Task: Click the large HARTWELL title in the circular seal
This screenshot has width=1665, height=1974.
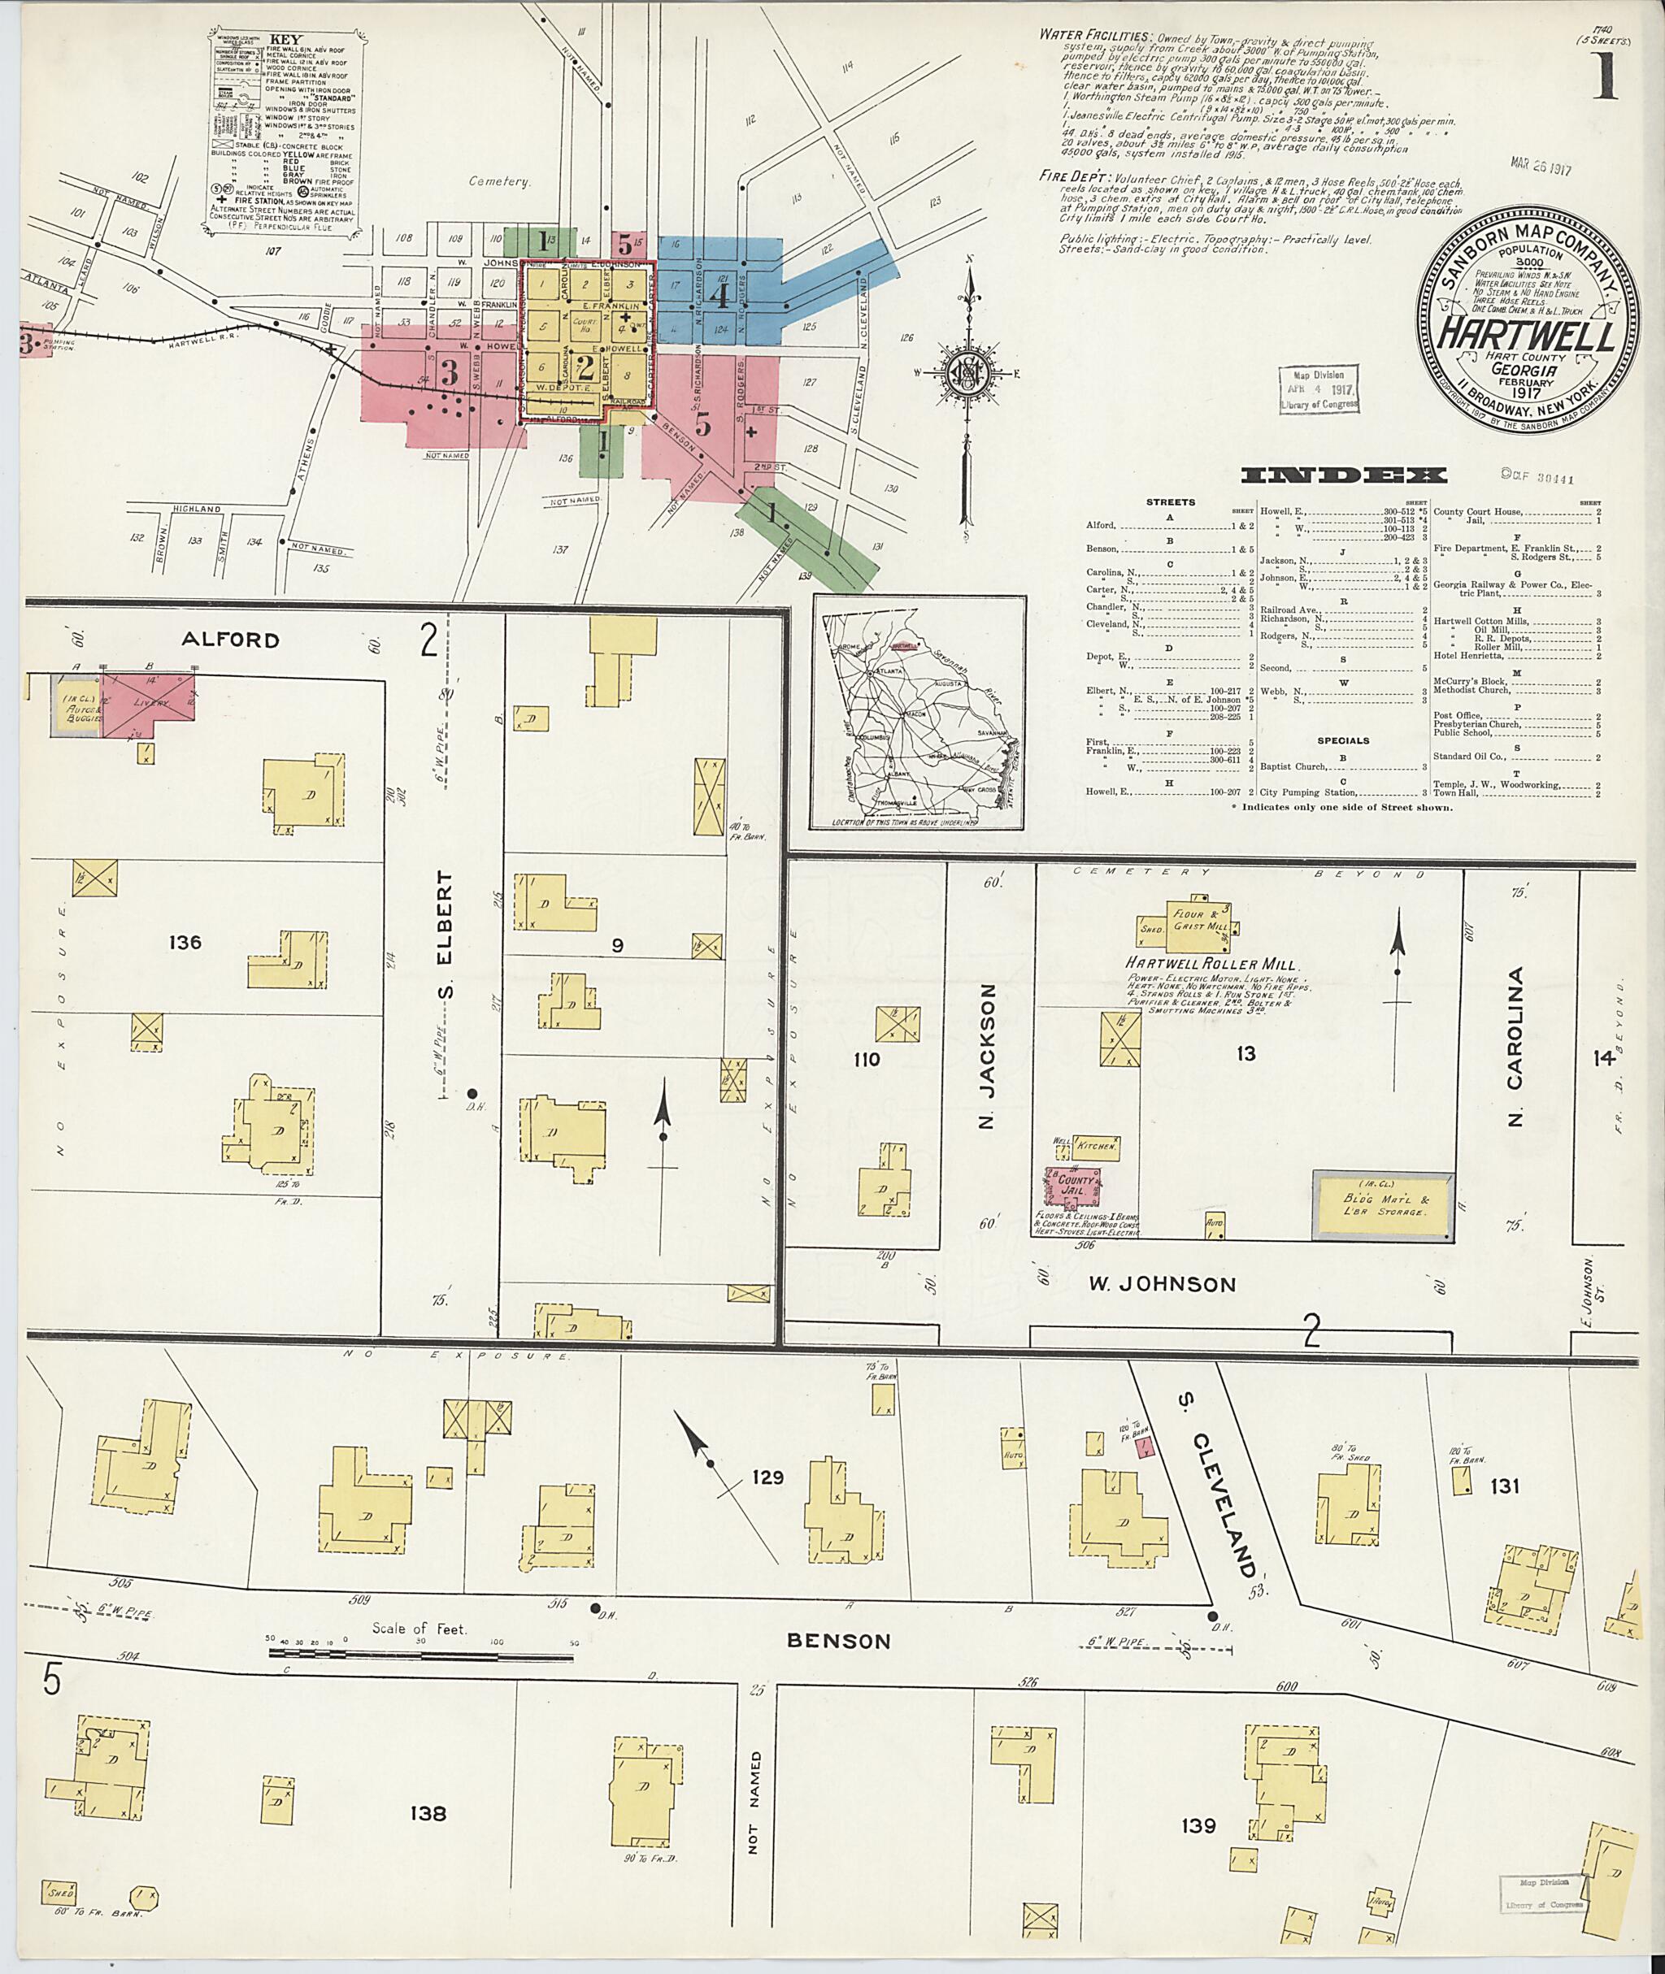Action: pyautogui.click(x=1525, y=332)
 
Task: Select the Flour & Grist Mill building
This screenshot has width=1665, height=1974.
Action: pyautogui.click(x=1186, y=921)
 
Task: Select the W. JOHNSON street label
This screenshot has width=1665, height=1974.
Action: pyautogui.click(x=1162, y=1284)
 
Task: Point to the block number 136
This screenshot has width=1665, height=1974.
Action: pyautogui.click(x=185, y=942)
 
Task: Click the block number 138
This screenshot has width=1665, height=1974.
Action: pyautogui.click(x=428, y=1812)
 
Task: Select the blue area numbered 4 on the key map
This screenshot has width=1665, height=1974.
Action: pyautogui.click(x=719, y=297)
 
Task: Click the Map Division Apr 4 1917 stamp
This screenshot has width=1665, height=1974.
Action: pyautogui.click(x=1319, y=388)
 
